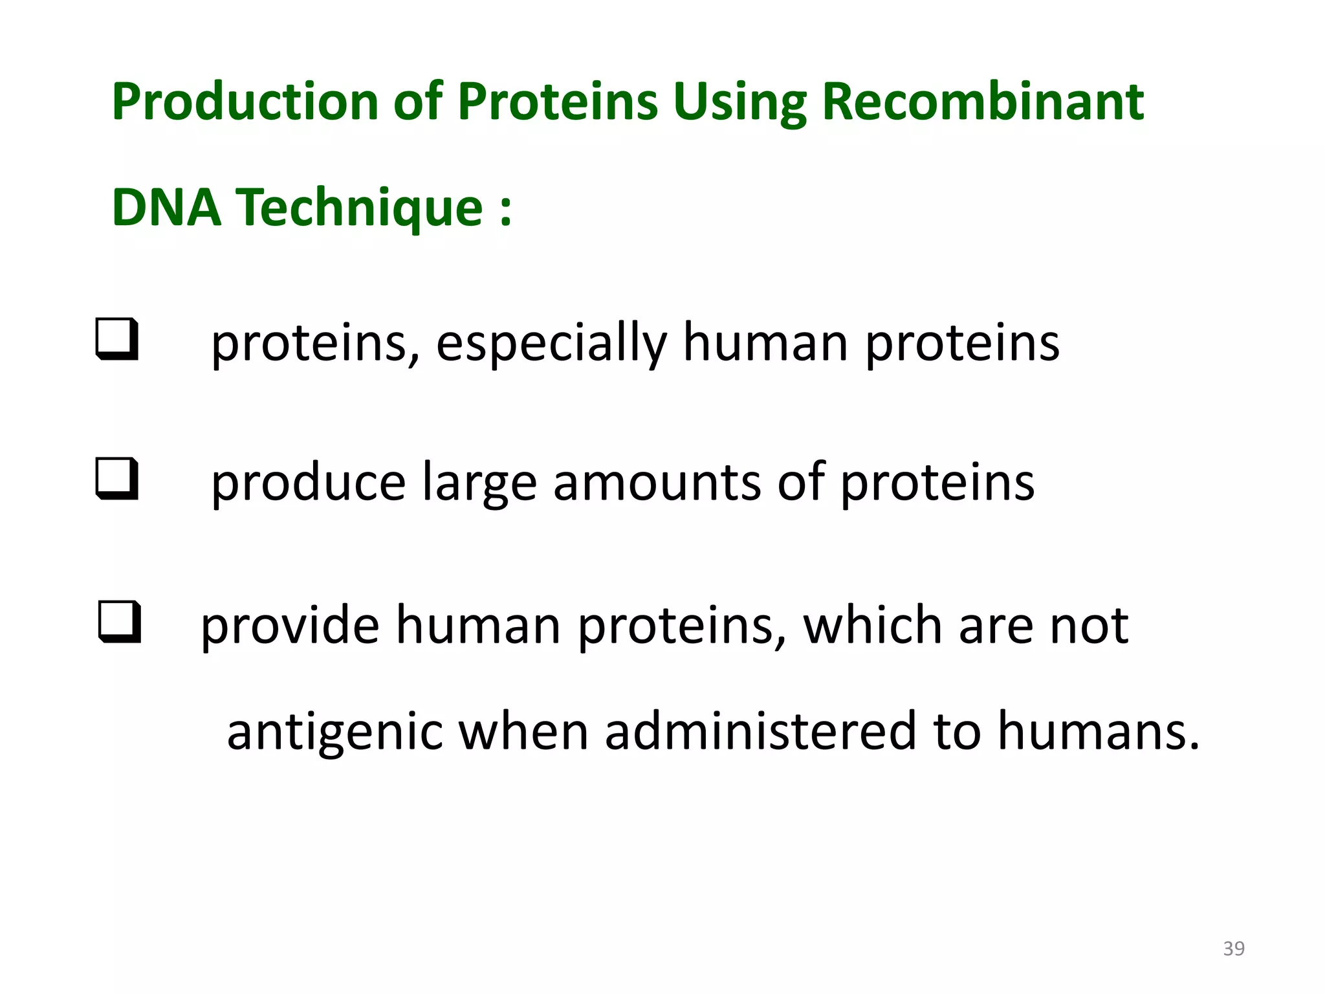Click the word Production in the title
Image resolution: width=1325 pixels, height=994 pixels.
(245, 102)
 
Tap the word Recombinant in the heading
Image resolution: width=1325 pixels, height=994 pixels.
(983, 102)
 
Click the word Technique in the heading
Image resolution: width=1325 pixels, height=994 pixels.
(359, 208)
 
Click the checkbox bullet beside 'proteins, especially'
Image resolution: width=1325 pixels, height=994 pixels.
(117, 338)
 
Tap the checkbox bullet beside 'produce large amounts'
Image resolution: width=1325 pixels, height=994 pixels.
(117, 478)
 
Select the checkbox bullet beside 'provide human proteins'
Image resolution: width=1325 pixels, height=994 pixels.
(120, 622)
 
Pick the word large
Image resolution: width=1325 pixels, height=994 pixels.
(479, 483)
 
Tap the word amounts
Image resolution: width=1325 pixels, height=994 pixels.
(657, 483)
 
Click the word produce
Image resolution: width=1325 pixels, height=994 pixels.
(309, 483)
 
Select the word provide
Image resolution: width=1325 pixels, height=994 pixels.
(290, 626)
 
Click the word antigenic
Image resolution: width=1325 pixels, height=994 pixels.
(334, 732)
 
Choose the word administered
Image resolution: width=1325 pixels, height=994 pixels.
(761, 732)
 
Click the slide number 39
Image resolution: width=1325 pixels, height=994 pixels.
(1234, 949)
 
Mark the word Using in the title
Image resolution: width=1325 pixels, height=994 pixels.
(739, 102)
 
